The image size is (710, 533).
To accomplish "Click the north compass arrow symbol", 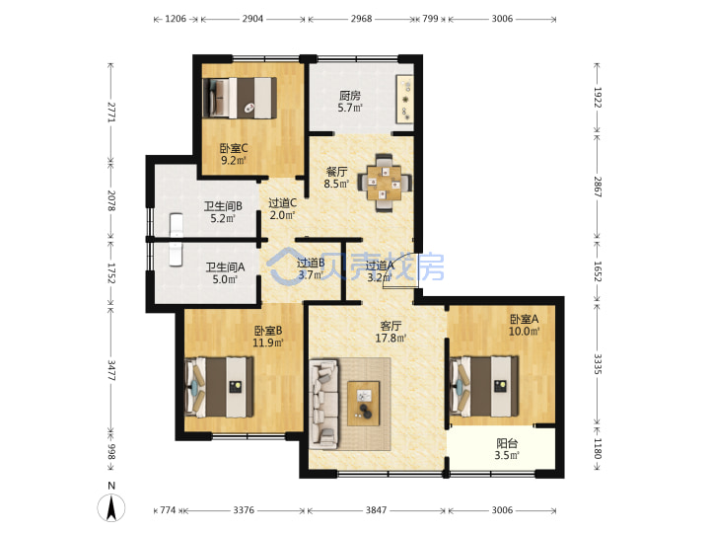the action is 111,506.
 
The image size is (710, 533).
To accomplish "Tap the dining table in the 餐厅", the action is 384,183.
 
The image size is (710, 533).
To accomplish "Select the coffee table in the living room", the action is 363,404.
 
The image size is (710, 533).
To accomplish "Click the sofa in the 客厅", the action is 323,404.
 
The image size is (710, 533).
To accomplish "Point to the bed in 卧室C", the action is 239,98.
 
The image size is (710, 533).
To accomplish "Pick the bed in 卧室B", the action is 219,387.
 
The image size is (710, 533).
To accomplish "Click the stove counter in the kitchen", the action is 405,100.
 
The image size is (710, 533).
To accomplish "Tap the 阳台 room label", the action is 507,443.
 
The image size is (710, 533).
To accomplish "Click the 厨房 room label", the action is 350,96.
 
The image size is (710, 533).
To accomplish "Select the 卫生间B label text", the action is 223,206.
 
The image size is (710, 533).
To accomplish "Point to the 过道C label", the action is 283,203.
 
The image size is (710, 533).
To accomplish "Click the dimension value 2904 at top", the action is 252,19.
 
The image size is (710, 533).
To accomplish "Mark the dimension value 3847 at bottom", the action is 376,510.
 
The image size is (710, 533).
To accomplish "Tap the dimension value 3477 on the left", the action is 111,370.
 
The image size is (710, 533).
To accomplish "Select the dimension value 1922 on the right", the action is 598,97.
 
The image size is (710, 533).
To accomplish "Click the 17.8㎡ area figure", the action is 390,338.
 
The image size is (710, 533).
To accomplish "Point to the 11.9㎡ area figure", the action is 268,343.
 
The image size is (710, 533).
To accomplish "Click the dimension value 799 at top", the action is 430,19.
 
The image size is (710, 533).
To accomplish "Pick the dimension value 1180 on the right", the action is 598,448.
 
